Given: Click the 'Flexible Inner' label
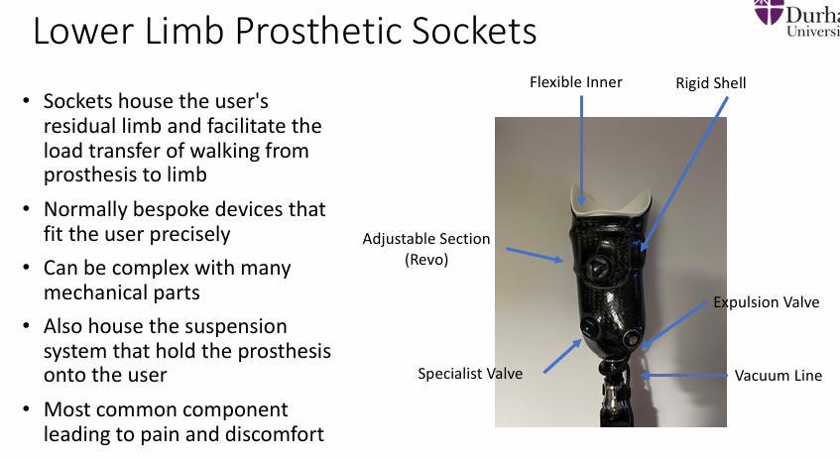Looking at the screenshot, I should point(575,82).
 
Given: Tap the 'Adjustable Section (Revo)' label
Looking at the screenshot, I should point(426,249).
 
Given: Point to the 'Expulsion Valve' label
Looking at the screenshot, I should point(767,301).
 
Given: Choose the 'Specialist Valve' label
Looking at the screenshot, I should point(469,374).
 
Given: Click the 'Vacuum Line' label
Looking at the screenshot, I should point(778,376).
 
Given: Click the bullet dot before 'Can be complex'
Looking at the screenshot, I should point(27,269).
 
